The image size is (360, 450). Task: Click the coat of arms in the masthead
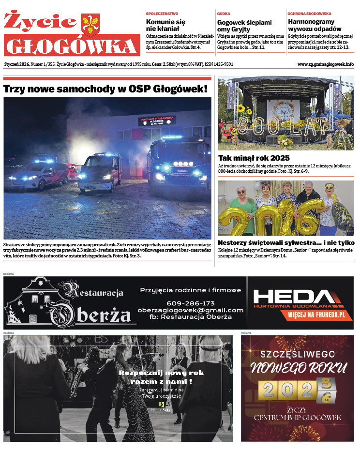point(90,24)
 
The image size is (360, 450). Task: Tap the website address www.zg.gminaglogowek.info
point(325,64)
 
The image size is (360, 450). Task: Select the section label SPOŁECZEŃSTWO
point(162,14)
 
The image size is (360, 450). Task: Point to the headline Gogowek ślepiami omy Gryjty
point(244,26)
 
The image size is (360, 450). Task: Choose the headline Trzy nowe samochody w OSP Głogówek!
point(105,89)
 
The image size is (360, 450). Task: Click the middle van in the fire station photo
point(100,172)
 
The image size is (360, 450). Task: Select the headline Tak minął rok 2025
point(254,158)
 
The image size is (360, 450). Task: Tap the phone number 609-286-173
point(190,303)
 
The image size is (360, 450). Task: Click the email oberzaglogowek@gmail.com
point(190,310)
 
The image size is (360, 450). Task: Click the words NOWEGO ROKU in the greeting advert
point(298,368)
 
